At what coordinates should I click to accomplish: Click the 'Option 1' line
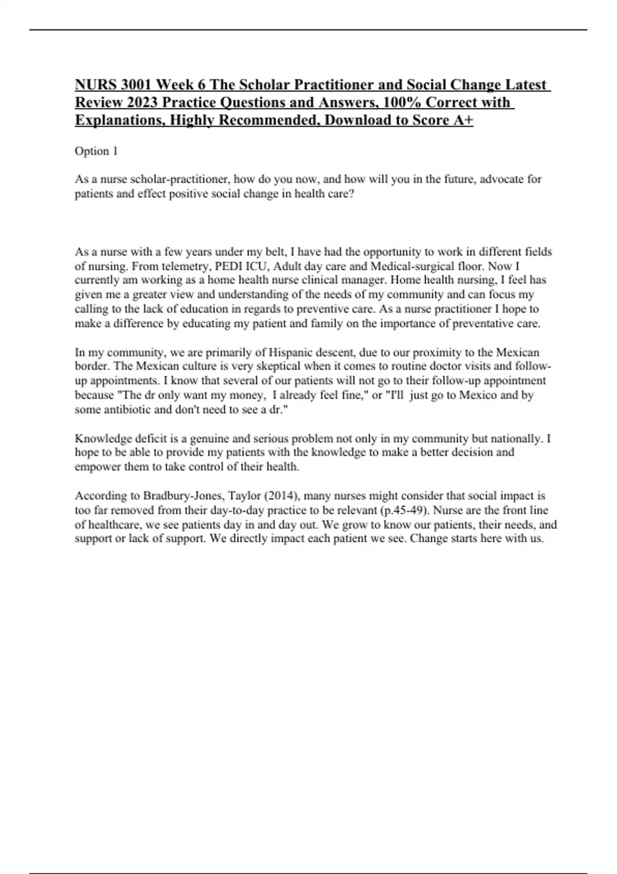point(96,151)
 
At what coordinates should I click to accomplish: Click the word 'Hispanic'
point(291,353)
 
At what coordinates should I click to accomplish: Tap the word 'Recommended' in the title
point(266,120)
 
